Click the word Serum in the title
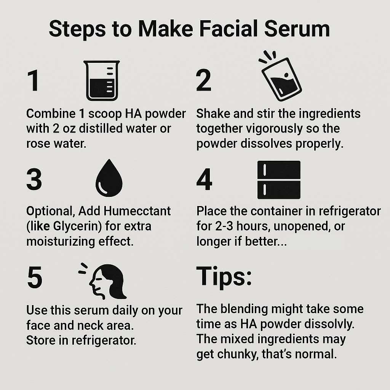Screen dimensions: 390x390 coord(297,29)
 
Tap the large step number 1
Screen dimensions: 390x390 coord(34,80)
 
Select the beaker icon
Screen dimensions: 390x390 coord(102,80)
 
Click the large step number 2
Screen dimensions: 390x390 coord(203,80)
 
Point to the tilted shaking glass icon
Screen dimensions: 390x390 coord(280,76)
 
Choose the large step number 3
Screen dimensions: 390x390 coord(34,179)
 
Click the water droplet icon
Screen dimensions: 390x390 coord(109,178)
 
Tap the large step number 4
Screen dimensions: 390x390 coord(204,179)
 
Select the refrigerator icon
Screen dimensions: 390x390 coord(279,180)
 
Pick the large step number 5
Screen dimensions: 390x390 coord(35,277)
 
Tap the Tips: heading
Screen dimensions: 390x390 coord(224,277)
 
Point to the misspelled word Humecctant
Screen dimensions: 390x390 coord(137,211)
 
